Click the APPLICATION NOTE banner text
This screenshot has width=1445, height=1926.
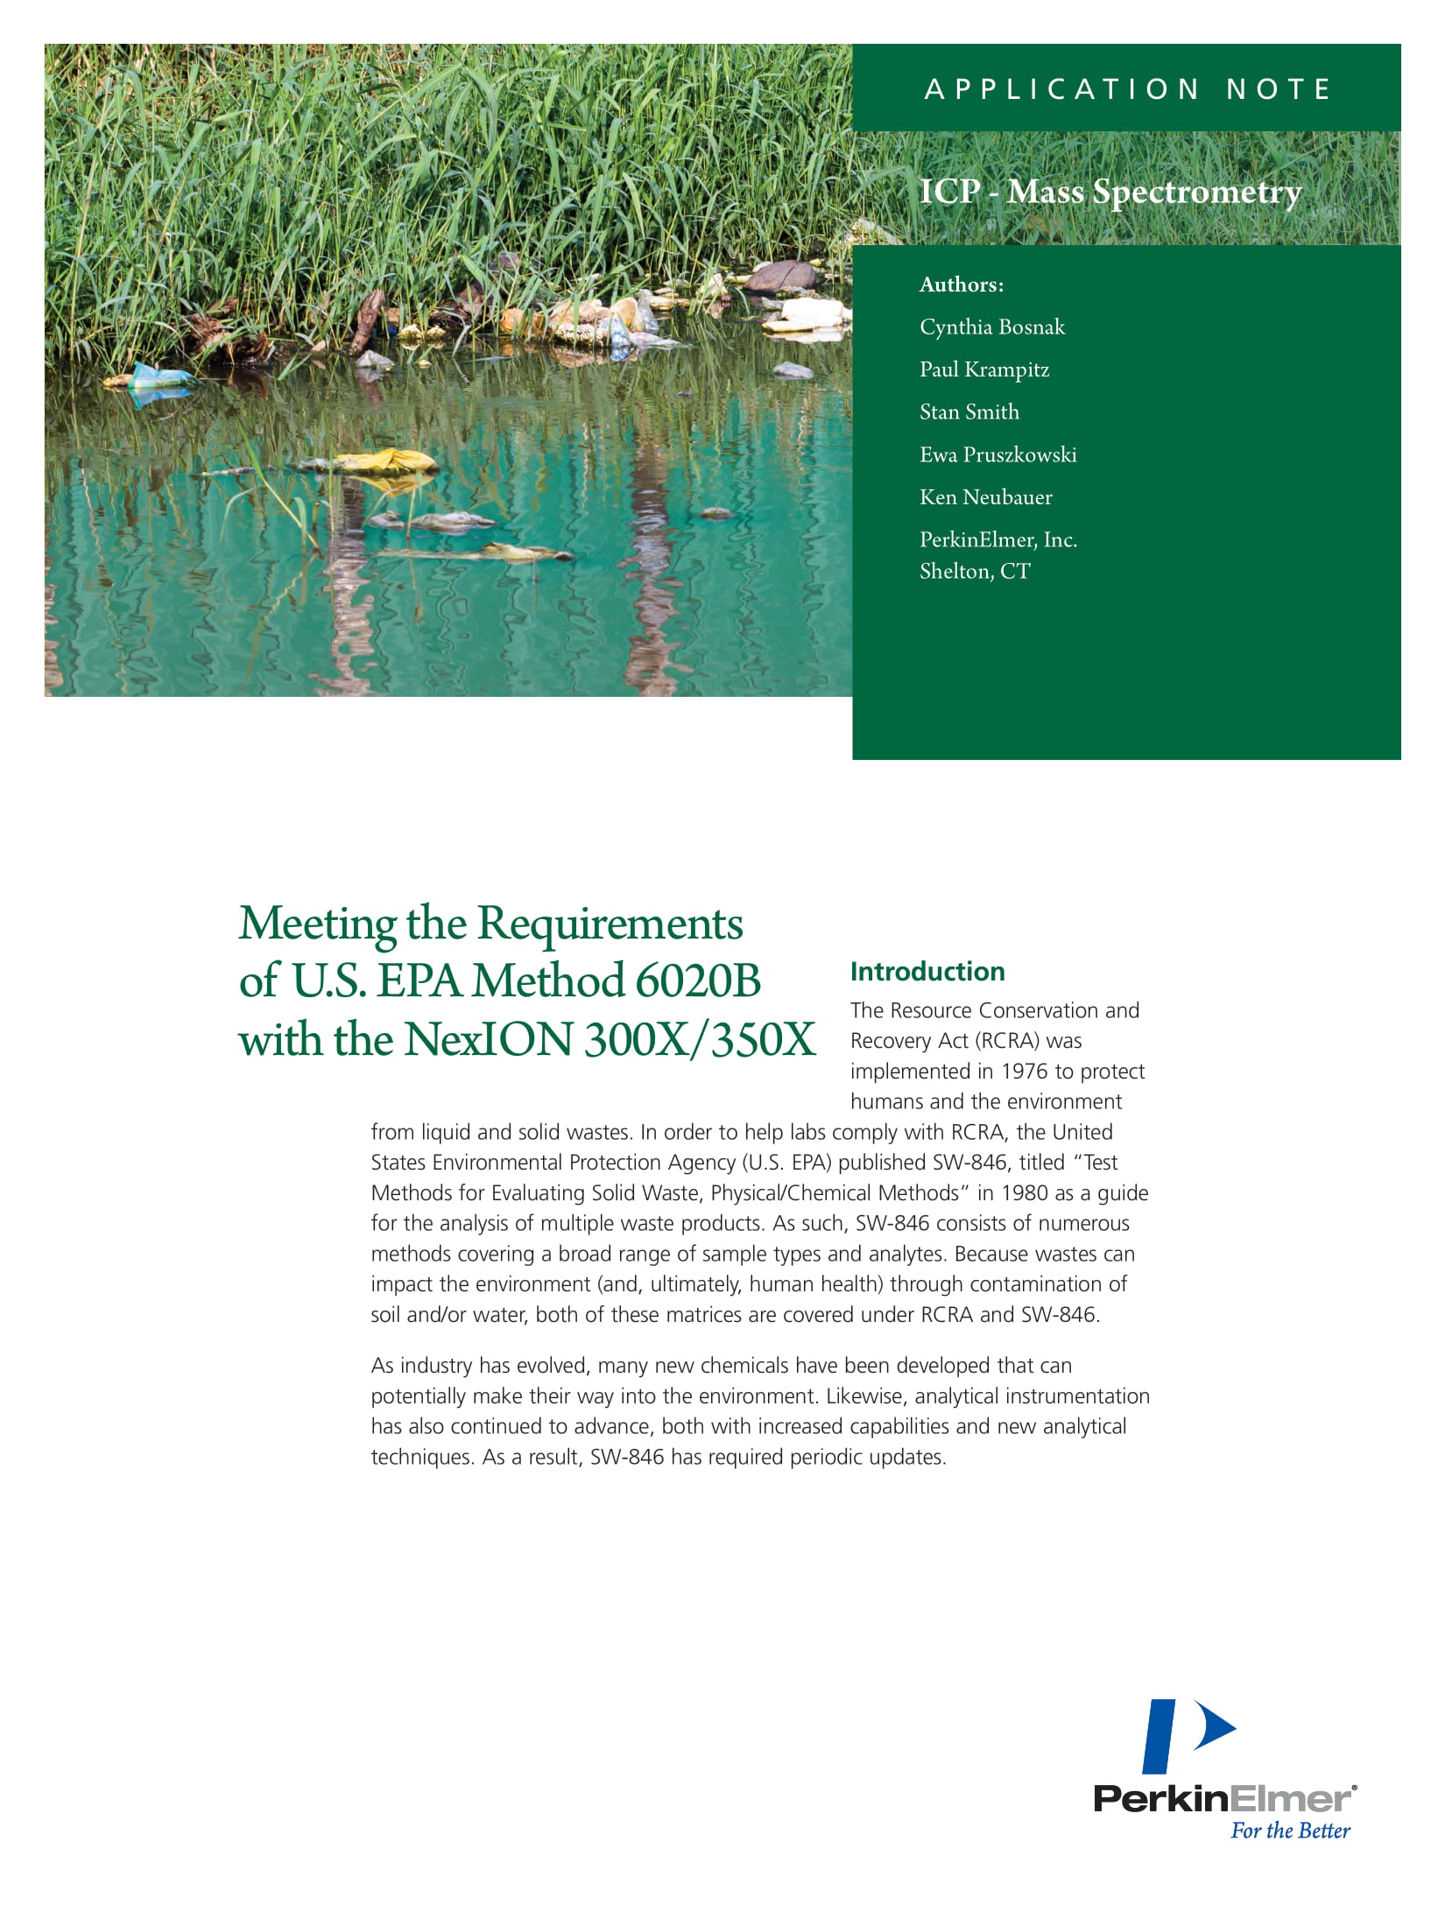(1128, 89)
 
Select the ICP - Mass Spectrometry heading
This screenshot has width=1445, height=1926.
(1110, 191)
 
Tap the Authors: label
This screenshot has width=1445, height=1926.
(962, 285)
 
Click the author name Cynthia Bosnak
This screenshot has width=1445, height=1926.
(992, 327)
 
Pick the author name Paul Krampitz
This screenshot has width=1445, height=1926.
(984, 369)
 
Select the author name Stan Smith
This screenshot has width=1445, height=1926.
(969, 412)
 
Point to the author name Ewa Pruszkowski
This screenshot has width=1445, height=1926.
(998, 455)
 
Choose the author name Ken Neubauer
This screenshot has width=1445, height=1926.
(986, 497)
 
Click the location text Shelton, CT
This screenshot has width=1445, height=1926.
(975, 572)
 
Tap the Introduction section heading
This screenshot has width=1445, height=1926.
(927, 972)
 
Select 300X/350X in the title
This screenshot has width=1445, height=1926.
(700, 1040)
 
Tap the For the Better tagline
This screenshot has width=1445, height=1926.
(1290, 1831)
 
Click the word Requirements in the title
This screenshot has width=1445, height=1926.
(610, 924)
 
